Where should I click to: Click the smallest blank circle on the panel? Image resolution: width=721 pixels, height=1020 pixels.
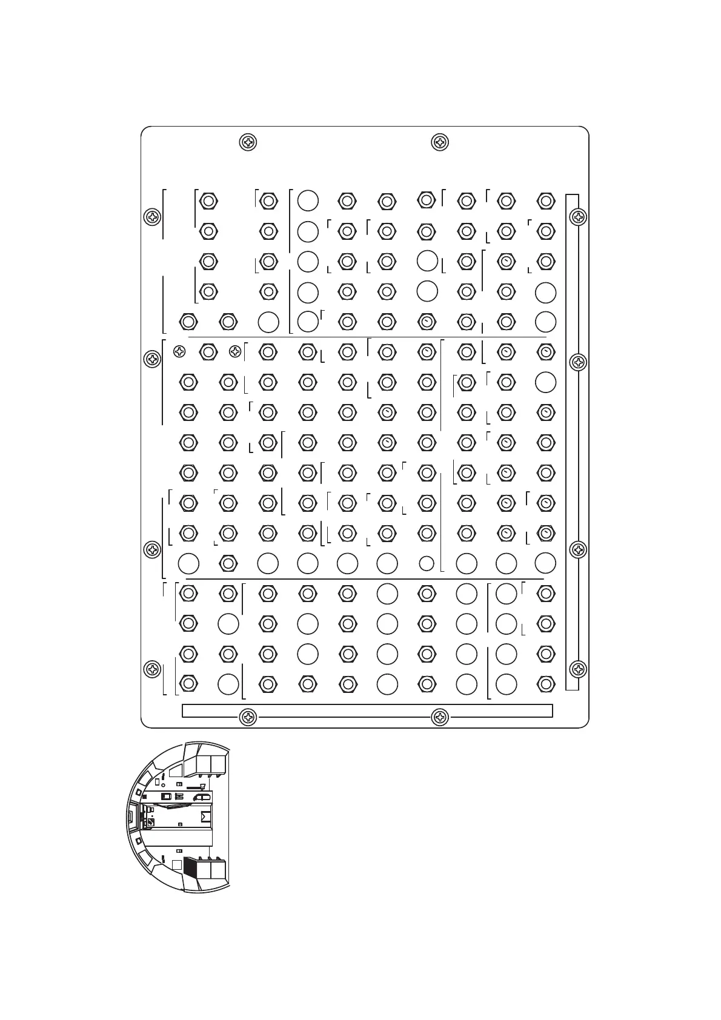tap(427, 563)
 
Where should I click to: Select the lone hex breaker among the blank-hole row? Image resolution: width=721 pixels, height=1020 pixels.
tap(228, 563)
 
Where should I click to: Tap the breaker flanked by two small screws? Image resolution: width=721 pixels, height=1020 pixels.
tap(208, 351)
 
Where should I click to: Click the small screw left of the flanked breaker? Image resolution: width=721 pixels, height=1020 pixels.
tap(179, 351)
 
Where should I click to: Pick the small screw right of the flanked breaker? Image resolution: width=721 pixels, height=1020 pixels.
tap(235, 351)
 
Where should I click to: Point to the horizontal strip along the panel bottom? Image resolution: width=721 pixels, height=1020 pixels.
tap(367, 710)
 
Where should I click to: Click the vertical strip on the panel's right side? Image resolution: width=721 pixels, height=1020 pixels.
tap(571, 442)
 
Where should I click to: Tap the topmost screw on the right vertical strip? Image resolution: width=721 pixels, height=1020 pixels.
tap(579, 216)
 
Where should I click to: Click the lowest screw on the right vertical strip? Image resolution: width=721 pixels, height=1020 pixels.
tap(579, 669)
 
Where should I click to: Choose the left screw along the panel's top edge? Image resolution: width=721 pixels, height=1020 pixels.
tap(248, 143)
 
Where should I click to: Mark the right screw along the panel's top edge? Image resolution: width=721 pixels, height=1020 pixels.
tap(439, 143)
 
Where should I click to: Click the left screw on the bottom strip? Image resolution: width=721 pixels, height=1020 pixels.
tap(248, 718)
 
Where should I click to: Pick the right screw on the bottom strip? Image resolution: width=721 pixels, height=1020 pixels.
tap(439, 718)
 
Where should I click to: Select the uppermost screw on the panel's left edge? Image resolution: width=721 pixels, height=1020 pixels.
tap(151, 216)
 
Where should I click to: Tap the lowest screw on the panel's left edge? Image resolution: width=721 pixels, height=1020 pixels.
tap(151, 669)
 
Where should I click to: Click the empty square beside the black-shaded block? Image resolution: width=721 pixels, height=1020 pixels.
tap(176, 865)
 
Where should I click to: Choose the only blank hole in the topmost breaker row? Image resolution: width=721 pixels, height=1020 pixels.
tap(308, 200)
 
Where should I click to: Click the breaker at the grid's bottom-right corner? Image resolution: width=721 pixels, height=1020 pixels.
tap(546, 684)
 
